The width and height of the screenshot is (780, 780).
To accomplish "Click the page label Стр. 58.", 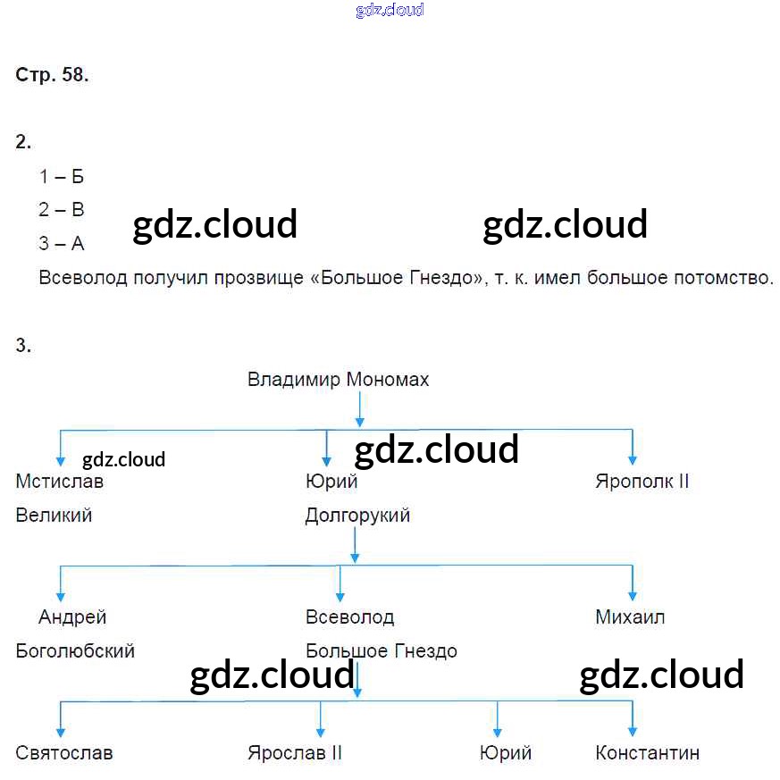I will pos(52,75).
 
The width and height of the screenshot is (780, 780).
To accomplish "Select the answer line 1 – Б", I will pos(61,177).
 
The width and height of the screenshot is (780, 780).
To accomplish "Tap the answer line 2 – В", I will pos(61,210).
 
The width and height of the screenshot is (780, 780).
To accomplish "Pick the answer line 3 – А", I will pos(61,243).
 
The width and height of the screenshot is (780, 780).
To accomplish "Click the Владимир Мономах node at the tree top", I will pos(338,380).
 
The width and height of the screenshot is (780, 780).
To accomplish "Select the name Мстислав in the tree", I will pos(59,482).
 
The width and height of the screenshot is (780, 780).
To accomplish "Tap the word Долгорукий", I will pos(357,516).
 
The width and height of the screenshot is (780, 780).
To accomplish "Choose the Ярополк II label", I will pos(642,482).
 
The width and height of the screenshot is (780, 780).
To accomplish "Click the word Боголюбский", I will pos(75,650).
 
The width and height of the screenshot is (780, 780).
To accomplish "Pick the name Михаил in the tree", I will pos(630,617).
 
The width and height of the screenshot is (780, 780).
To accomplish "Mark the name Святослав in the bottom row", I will pos(64,752).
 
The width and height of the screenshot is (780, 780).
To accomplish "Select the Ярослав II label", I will pos(294,752).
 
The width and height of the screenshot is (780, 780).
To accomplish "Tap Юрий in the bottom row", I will pos(505,752).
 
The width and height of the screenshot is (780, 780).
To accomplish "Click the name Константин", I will pos(647,752).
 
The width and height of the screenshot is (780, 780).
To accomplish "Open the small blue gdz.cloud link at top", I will pos(389,11).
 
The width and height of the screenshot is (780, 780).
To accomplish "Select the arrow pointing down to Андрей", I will pos(61,584).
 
